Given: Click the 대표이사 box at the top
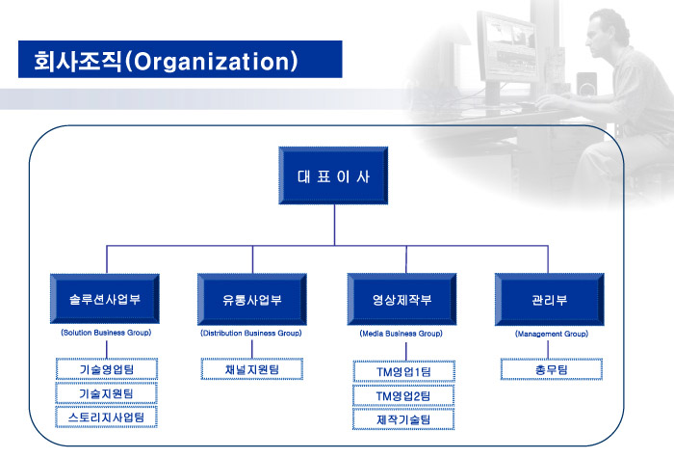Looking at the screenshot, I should point(334,176).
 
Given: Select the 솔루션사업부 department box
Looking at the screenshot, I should point(106,299).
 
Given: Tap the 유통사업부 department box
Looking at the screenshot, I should point(251,299).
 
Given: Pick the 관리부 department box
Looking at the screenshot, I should point(549,299).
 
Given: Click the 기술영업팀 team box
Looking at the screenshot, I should point(106,369).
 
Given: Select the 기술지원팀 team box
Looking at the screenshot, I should point(106,393).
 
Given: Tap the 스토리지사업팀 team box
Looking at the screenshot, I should point(106,418).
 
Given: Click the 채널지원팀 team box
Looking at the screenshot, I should point(251,369).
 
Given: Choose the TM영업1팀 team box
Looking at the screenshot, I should point(403,372).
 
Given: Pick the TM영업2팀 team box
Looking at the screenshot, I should point(403,396).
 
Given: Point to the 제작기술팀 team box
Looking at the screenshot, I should point(403,420).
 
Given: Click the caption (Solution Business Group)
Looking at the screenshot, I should point(106,333).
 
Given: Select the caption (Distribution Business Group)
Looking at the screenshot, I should point(251,333).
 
